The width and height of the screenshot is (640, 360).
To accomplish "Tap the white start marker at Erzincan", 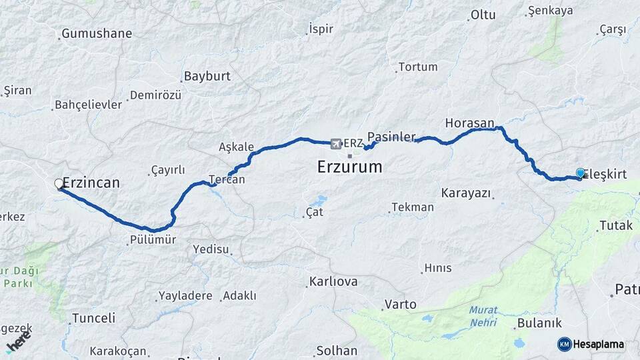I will pos(59,183).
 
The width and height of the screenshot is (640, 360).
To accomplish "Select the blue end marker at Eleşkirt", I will pos(580,174).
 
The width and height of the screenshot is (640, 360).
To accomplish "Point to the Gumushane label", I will pos(97,33).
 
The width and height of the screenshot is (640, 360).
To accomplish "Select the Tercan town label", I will pos(227,179).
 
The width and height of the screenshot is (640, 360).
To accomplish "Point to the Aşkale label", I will pos(236,147).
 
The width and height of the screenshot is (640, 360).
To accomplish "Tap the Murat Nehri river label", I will pos(483,315).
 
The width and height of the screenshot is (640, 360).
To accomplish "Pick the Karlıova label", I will pos(333,281).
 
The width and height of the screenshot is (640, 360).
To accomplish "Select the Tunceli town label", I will pos(93,318).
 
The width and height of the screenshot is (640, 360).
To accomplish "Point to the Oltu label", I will pos(483,15).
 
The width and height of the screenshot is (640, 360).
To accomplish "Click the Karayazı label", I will pos(466,193).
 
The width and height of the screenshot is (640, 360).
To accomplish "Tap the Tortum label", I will pos(418,67).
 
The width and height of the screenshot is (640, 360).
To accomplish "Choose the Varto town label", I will pos(400,304).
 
